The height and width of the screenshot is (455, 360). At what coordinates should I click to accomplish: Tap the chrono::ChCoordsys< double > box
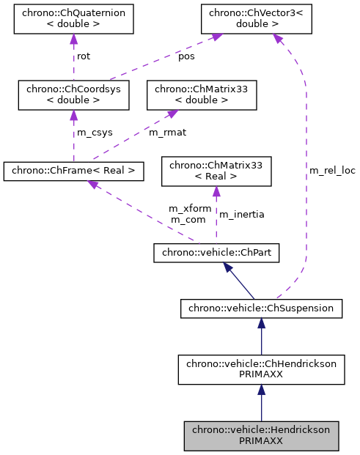point(73,95)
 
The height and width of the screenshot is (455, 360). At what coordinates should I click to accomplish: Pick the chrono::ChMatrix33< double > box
point(202,95)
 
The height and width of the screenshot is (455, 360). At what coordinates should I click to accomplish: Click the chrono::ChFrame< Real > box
point(73,171)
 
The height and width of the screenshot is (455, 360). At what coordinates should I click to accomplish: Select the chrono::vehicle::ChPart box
point(216,253)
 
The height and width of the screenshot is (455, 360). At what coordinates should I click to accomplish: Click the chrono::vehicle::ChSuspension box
point(261,308)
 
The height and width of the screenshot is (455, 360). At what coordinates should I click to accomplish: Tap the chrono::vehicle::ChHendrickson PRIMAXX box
point(261,369)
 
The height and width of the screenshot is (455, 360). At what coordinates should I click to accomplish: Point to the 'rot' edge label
point(84,56)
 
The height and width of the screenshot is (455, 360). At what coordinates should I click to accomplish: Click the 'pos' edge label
point(187,56)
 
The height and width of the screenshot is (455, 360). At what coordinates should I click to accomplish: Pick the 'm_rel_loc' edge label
point(331,171)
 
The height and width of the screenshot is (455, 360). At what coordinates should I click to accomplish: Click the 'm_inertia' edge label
point(242,215)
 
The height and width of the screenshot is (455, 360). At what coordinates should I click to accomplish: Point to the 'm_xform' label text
point(190,209)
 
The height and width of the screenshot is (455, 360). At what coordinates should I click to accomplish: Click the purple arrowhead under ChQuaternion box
point(73,41)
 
